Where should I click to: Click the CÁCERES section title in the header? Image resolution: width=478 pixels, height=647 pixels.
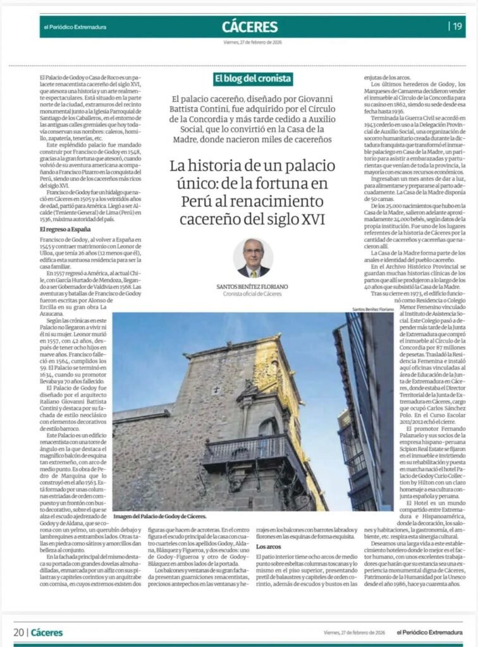tap(250, 27)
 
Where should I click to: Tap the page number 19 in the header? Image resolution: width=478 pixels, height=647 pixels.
tap(457, 27)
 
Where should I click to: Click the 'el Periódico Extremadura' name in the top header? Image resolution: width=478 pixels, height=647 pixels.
tap(75, 27)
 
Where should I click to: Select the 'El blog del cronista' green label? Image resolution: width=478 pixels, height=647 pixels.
tap(252, 79)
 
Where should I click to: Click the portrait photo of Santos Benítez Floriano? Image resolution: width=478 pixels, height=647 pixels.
tap(252, 258)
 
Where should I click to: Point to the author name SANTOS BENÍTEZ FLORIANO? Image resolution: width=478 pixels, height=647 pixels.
tap(252, 286)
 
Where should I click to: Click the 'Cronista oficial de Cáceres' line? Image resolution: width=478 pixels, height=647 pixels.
tap(252, 294)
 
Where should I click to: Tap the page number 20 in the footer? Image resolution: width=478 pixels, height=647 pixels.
tap(19, 632)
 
